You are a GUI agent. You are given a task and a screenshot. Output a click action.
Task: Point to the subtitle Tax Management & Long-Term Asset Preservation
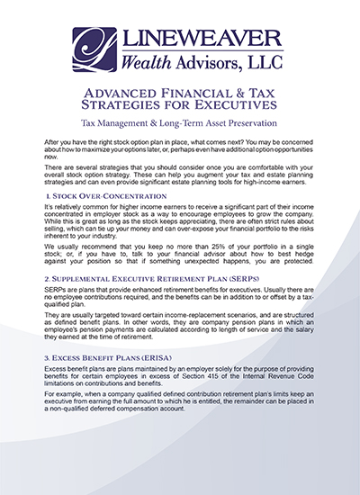(x=180, y=124)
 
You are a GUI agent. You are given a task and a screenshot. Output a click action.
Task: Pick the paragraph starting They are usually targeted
(x=180, y=346)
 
